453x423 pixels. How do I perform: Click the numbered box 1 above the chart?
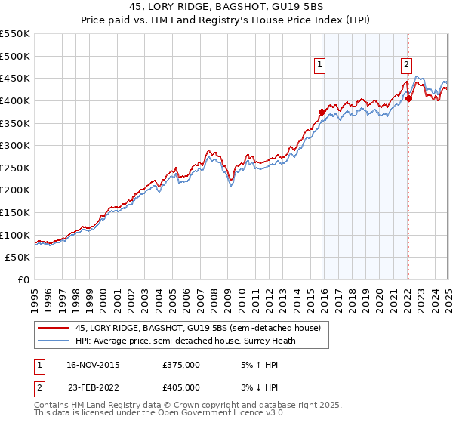pos(320,66)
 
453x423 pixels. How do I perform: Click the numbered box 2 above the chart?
pos(406,66)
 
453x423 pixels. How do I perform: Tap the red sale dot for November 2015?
pos(322,112)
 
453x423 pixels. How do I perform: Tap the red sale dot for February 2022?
pos(408,98)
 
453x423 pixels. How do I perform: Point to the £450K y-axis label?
pos(15,79)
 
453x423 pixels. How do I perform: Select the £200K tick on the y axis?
pos(15,190)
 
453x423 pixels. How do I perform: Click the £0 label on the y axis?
pos(23,280)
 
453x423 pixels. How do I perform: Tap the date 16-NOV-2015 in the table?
pos(88,365)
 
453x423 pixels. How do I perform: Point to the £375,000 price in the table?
pos(181,365)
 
